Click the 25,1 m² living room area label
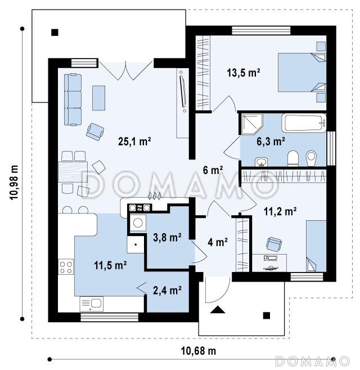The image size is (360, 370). click(x=134, y=141)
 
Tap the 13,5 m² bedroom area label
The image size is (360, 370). click(x=244, y=73)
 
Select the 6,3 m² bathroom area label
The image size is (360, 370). click(x=271, y=141)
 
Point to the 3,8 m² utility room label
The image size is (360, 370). click(x=168, y=238)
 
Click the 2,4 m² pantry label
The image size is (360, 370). click(x=168, y=290)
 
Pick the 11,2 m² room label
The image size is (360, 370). click(x=280, y=211)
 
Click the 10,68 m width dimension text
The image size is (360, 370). click(x=199, y=351)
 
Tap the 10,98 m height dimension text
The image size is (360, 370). click(x=14, y=183)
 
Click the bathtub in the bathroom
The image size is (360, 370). click(x=304, y=123)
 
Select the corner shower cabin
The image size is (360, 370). click(x=251, y=124)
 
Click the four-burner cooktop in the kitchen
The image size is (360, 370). click(x=66, y=267)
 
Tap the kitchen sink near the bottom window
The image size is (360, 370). click(x=92, y=304)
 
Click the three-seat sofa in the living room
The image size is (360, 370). click(x=73, y=100)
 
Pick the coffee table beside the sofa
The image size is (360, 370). click(x=99, y=98)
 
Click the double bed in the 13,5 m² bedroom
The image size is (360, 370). click(x=302, y=73)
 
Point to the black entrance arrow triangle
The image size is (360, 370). click(x=218, y=310)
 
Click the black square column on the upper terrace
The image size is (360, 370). click(x=55, y=32)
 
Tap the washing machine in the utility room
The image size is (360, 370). click(x=138, y=223)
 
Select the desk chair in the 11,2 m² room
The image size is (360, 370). click(x=274, y=244)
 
